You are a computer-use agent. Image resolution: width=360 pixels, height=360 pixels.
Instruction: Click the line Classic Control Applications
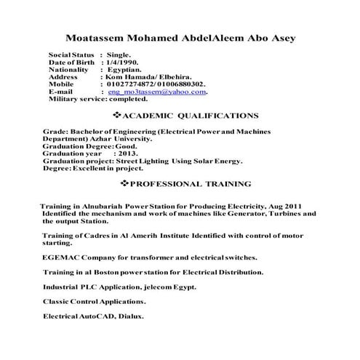pyautogui.click(x=94, y=301)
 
